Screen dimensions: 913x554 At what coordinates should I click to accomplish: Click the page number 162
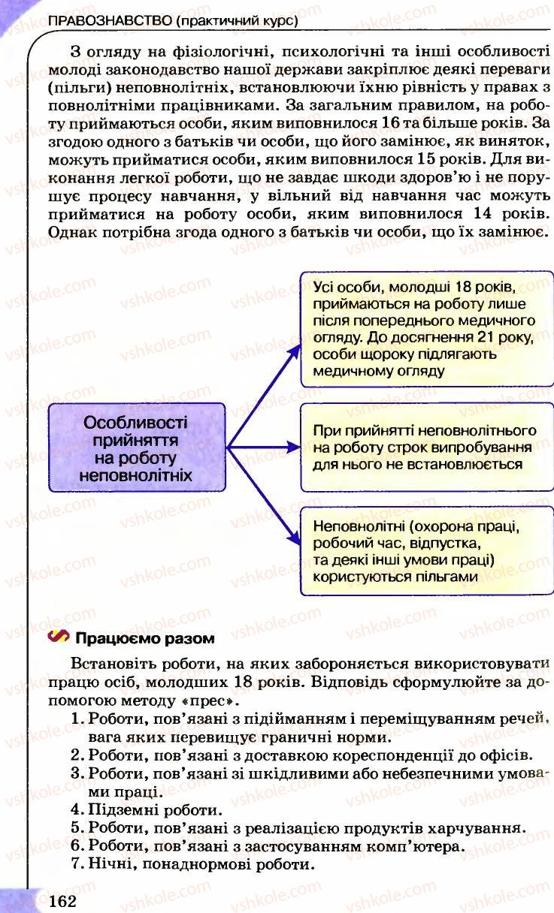63,899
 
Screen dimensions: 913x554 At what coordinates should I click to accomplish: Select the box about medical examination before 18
423,329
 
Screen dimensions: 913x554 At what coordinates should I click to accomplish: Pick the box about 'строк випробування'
423,447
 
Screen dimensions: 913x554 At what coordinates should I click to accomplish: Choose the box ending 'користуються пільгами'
423,550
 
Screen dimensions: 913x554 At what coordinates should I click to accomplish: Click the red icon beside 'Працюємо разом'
57,638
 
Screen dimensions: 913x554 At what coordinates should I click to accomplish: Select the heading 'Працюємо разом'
144,639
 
